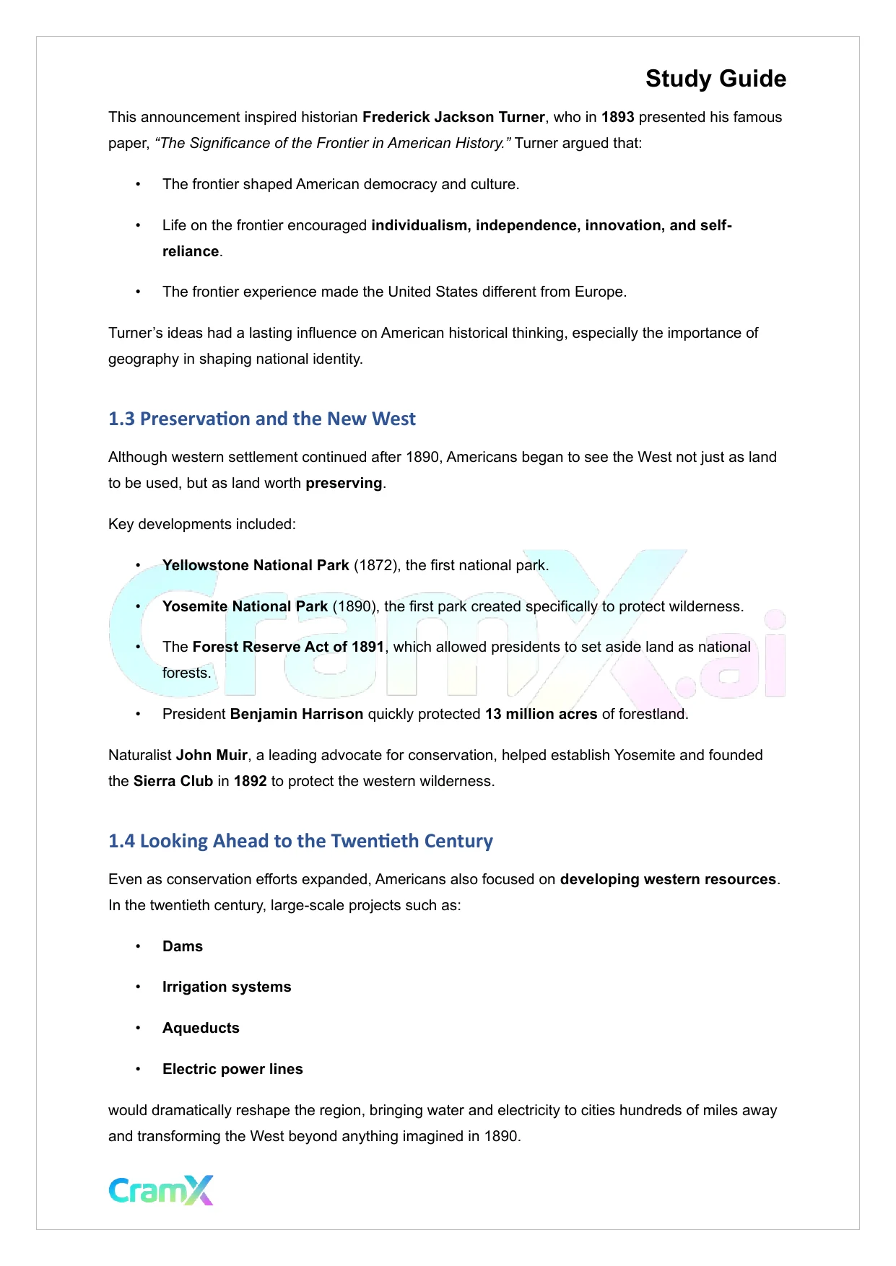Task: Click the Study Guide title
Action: coord(716,79)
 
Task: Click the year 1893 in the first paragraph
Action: coord(617,117)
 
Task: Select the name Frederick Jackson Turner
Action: coord(453,117)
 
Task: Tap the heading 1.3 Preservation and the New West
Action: coord(261,419)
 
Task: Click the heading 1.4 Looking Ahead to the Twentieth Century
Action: coord(300,841)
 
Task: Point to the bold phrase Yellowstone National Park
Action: coord(256,565)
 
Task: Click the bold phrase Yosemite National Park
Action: coord(245,606)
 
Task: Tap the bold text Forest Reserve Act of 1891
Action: coord(288,647)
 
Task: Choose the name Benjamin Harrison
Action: coord(297,714)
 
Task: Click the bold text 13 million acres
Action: coord(541,714)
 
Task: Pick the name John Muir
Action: coord(212,755)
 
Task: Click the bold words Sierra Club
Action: coord(173,781)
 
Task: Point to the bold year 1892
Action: coord(251,781)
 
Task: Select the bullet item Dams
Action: coord(183,946)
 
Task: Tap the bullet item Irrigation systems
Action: coord(227,987)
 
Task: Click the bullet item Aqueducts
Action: coord(201,1028)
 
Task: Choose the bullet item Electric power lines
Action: coord(232,1069)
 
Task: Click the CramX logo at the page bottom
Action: coord(161,1190)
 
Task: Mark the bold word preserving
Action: coord(344,483)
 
